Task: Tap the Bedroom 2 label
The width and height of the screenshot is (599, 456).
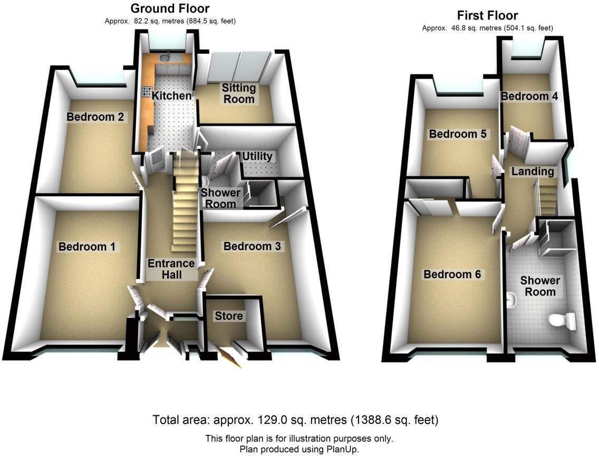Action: [95, 117]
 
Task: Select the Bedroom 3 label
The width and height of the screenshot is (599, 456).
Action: [252, 246]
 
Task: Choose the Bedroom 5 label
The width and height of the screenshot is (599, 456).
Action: [457, 134]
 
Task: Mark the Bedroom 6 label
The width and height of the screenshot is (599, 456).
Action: [453, 274]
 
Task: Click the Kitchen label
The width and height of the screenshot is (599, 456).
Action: [171, 96]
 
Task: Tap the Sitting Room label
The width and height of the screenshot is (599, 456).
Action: [238, 93]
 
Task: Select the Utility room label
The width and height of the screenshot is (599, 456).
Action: [257, 156]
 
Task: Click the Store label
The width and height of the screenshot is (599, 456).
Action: [228, 316]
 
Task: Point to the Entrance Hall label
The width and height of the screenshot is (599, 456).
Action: [171, 269]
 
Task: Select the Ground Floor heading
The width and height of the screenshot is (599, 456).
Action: [170, 8]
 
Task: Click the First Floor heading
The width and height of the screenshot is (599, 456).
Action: [487, 15]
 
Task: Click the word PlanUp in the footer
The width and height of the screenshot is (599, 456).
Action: [342, 449]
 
